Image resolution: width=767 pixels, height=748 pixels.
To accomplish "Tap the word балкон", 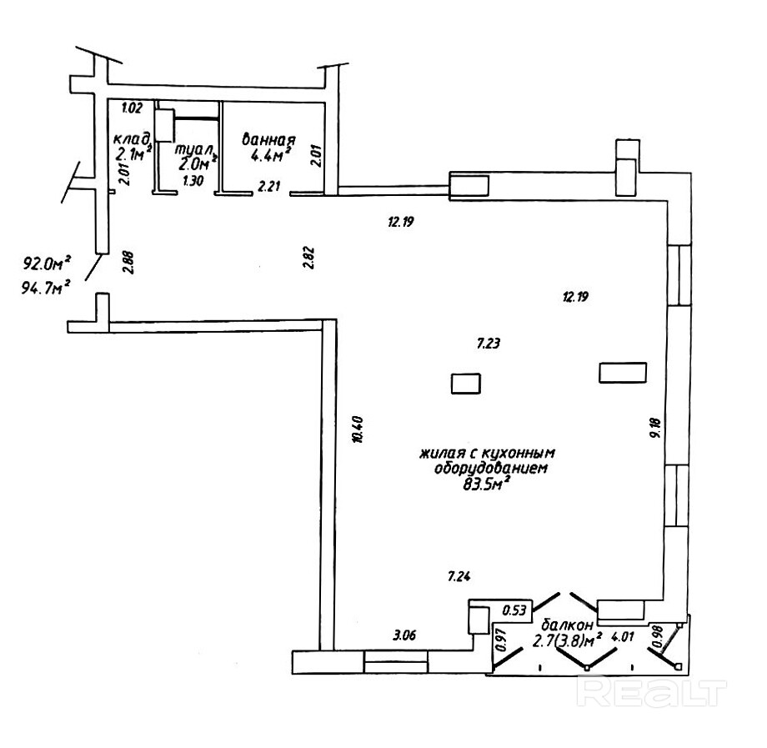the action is pyautogui.click(x=567, y=625).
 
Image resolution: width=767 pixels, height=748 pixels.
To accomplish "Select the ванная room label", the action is pyautogui.click(x=268, y=138).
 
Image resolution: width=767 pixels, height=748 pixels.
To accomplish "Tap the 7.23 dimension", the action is pyautogui.click(x=488, y=343).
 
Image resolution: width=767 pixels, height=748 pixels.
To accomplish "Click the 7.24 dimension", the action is pyautogui.click(x=460, y=575).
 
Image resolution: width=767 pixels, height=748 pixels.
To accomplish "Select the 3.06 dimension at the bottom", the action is pyautogui.click(x=404, y=636).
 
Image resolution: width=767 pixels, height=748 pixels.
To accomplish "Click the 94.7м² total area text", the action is pyautogui.click(x=46, y=288).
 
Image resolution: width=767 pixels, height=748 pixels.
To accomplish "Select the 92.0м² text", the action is pyautogui.click(x=46, y=265).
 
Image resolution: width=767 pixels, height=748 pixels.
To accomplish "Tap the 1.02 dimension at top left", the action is pyautogui.click(x=132, y=107).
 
